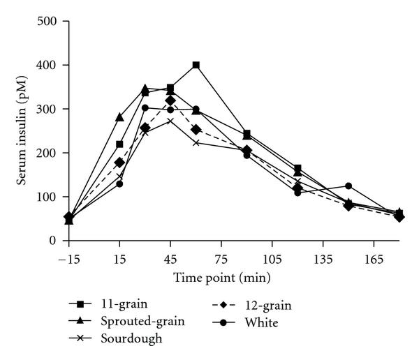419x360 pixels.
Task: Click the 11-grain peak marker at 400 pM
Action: click(x=196, y=65)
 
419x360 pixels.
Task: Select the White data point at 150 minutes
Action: click(x=348, y=186)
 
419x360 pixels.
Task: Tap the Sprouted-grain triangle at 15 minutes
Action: click(x=119, y=117)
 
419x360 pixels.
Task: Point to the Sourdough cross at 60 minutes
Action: click(x=196, y=142)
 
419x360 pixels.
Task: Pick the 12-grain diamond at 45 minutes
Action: click(x=170, y=100)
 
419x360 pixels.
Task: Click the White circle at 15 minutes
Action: click(x=119, y=183)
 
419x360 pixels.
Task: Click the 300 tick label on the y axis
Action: click(x=48, y=109)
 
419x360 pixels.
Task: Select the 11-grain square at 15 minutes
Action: click(x=119, y=144)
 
